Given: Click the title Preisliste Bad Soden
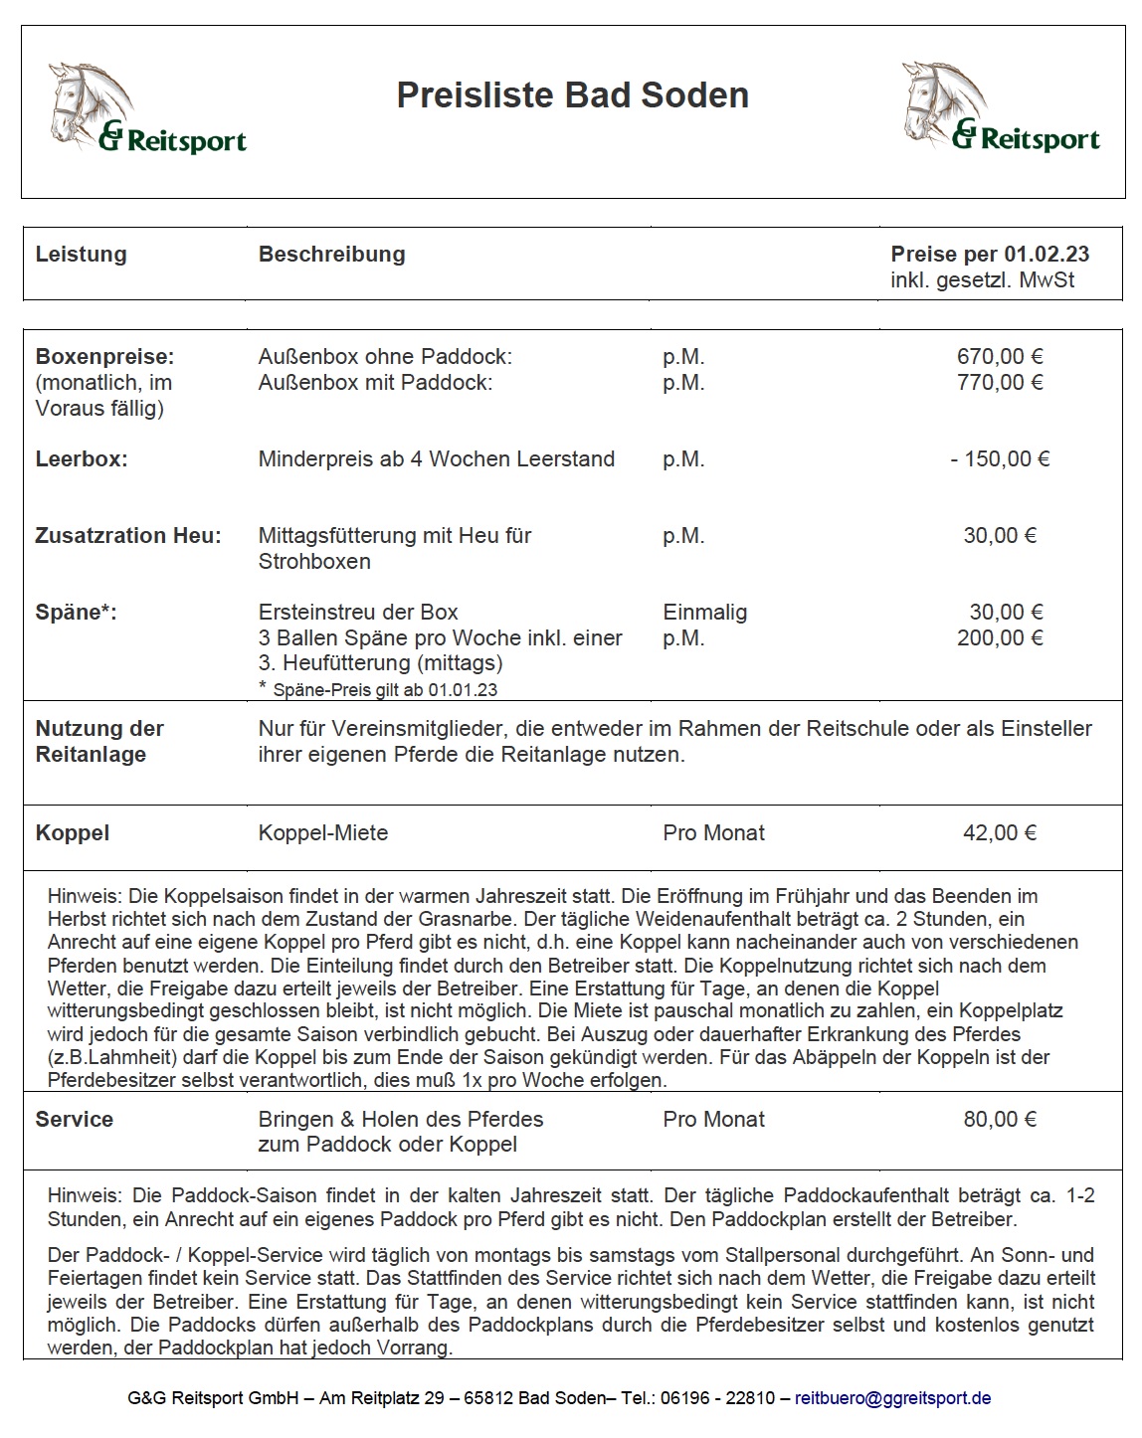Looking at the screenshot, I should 572,95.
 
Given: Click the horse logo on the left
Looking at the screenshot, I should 146,107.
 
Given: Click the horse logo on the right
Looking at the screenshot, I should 1000,107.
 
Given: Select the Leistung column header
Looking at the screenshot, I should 82,255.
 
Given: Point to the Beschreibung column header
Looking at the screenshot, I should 331,255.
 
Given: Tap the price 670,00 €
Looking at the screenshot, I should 999,357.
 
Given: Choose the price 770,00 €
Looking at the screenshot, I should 999,383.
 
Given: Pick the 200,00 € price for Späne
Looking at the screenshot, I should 999,638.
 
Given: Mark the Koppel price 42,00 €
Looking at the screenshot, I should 999,833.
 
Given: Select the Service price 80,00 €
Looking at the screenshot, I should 999,1120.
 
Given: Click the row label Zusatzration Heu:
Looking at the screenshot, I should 128,536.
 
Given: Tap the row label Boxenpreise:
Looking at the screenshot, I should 104,357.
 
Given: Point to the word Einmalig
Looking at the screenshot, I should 704,613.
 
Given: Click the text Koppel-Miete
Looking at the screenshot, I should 323,833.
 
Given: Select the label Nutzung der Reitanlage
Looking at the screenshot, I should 99,742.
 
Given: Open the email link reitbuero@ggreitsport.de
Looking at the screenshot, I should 892,1398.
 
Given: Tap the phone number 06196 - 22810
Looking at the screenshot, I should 718,1398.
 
